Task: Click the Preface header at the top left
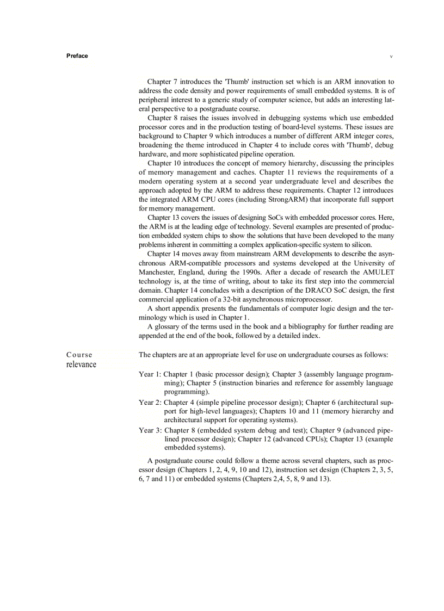click(77, 56)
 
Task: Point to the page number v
click(391, 57)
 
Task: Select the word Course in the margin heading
click(79, 355)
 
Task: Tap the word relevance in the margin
click(81, 365)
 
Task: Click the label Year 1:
click(150, 374)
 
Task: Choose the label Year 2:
click(150, 403)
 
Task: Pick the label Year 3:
click(150, 430)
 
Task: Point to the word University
click(368, 263)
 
